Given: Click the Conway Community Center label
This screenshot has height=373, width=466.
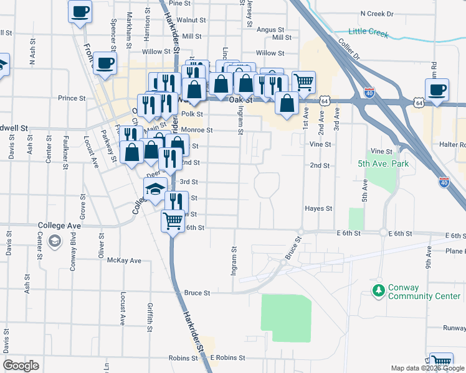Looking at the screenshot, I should [424, 292].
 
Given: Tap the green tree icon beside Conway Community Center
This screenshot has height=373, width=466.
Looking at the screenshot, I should [378, 291].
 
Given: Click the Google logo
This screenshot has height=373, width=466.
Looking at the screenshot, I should [21, 366].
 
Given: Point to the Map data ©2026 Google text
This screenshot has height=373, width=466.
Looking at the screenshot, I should [427, 368].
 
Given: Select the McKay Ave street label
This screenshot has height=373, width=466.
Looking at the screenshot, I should [125, 260].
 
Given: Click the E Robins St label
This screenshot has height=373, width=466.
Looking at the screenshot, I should [227, 358].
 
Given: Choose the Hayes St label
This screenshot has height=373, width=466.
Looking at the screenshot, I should [318, 209].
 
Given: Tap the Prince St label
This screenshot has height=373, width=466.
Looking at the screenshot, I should [72, 98].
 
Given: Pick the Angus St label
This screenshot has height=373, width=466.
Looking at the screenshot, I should [270, 29].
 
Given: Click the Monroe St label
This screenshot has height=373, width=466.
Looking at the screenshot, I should [197, 131].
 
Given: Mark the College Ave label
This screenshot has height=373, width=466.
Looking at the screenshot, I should [60, 225].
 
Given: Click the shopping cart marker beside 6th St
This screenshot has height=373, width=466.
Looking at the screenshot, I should [173, 220].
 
